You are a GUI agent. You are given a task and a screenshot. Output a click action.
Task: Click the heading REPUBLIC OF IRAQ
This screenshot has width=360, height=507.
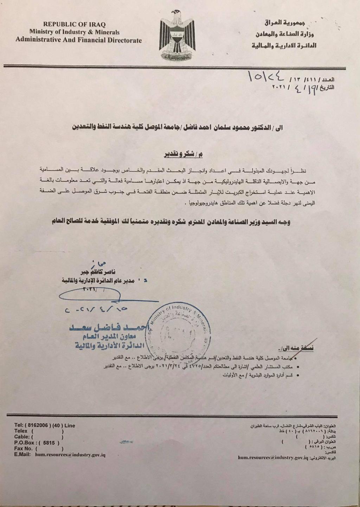coord(74,24)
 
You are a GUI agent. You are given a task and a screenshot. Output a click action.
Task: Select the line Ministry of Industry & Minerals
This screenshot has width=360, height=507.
coord(74,32)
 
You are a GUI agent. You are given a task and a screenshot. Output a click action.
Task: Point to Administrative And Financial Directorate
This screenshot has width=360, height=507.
coord(78,40)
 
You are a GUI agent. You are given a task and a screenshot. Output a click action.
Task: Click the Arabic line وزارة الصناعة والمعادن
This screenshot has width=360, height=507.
coord(284,34)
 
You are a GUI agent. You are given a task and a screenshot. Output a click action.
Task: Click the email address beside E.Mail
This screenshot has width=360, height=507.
coord(70,455)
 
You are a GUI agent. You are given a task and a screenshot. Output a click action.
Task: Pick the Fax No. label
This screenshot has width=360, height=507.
coord(23,449)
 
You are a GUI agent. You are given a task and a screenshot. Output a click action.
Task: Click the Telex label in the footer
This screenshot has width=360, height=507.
coord(21,431)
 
